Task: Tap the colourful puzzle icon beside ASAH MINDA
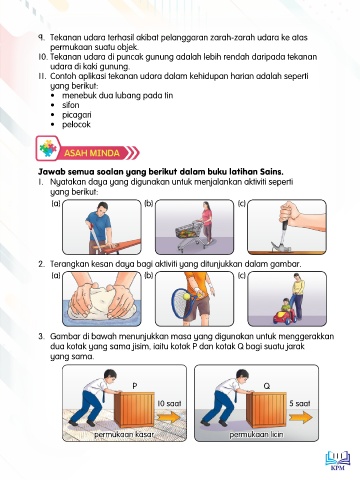pyautogui.click(x=48, y=148)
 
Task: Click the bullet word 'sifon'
pyautogui.click(x=71, y=105)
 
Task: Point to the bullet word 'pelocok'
pyautogui.click(x=76, y=125)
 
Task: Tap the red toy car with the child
pyautogui.click(x=284, y=316)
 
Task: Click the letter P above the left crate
pyautogui.click(x=135, y=386)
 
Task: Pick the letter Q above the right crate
pyautogui.click(x=267, y=386)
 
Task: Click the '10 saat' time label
pyautogui.click(x=169, y=403)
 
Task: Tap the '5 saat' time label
pyautogui.click(x=300, y=403)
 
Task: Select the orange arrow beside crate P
pyautogui.click(x=169, y=418)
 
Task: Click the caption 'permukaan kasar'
pyautogui.click(x=124, y=435)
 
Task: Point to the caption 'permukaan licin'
pyautogui.click(x=256, y=435)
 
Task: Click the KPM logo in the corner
pyautogui.click(x=337, y=460)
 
